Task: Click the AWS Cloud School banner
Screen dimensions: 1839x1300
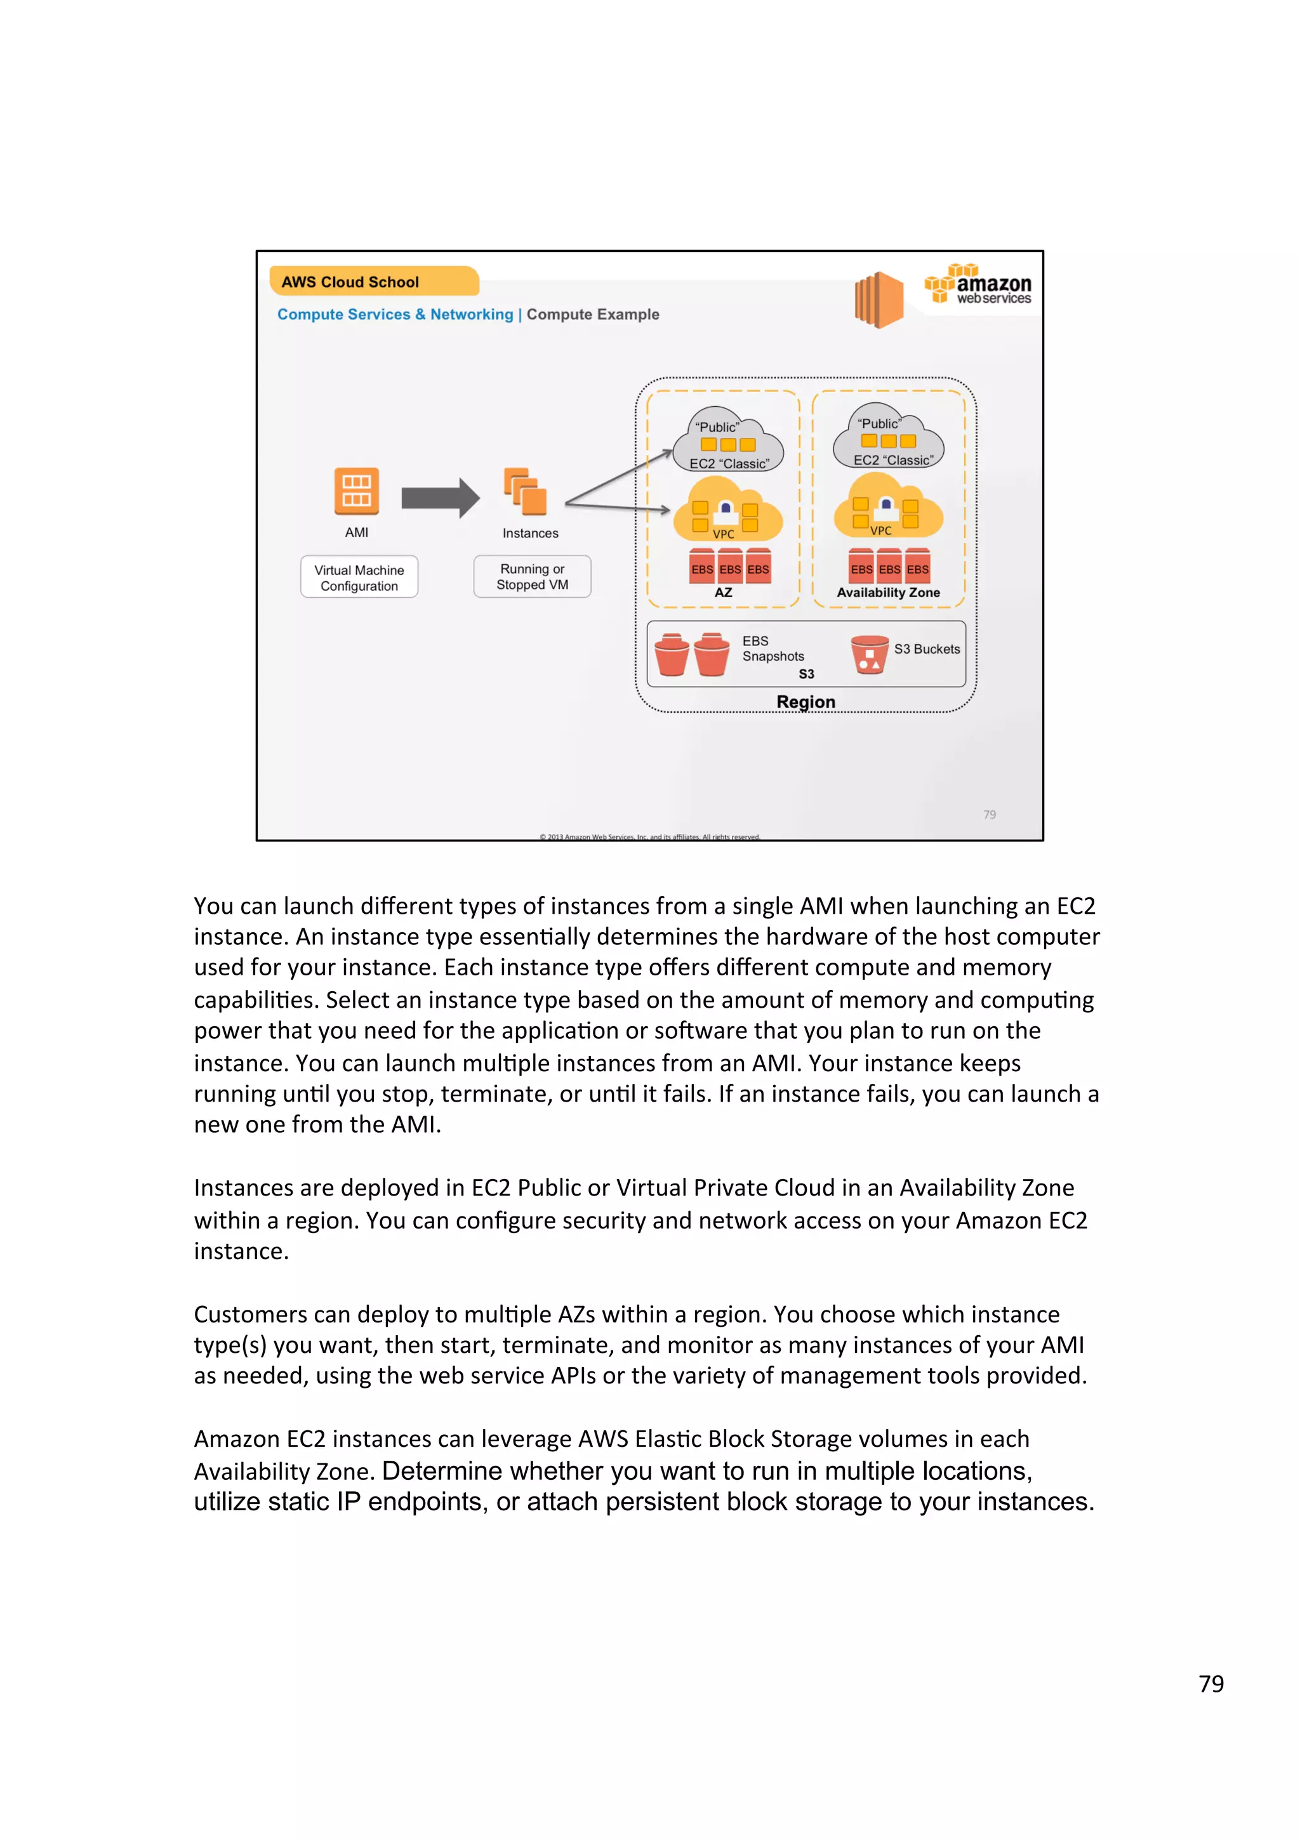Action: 373,282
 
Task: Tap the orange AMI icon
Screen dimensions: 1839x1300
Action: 357,491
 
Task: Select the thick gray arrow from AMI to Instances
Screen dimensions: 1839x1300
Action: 440,498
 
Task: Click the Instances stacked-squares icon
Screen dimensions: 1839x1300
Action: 526,491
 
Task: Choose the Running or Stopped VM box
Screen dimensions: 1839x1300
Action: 532,577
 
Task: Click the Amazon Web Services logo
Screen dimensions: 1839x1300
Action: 978,285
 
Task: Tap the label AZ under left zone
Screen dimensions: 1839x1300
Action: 723,593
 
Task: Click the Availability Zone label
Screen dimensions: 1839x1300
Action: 888,593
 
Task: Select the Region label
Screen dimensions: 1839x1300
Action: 806,702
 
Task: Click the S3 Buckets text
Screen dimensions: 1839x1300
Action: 927,649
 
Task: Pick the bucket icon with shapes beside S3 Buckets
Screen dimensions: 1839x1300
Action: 869,654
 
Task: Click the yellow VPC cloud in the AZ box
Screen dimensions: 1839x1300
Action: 727,510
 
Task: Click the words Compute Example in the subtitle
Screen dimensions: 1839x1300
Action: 593,315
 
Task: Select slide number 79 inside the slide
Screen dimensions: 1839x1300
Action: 989,815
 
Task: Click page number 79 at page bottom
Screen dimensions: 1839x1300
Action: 1210,1684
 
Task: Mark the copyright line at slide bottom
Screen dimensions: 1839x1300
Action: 649,837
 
